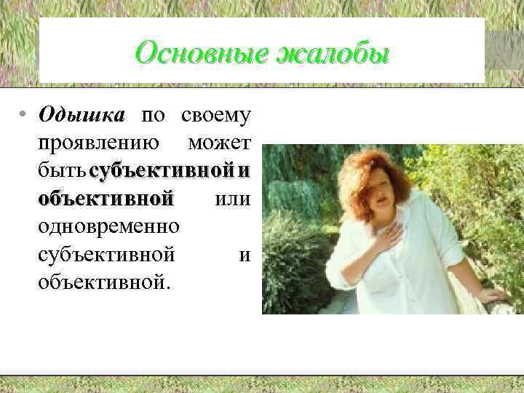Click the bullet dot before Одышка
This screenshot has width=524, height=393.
click(x=24, y=116)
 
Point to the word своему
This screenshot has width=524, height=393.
click(x=216, y=116)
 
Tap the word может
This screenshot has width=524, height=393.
click(x=219, y=143)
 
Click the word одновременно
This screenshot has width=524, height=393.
click(x=109, y=226)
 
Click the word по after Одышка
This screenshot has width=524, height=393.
click(x=153, y=116)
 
